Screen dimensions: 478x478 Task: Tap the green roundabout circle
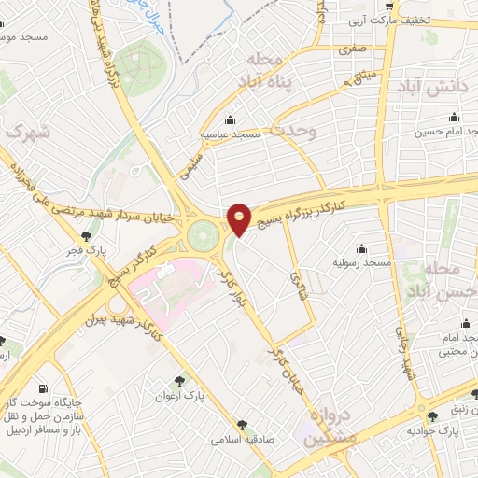click(203, 234)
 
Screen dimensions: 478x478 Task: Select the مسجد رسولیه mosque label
click(361, 263)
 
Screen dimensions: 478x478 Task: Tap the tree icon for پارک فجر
click(86, 236)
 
